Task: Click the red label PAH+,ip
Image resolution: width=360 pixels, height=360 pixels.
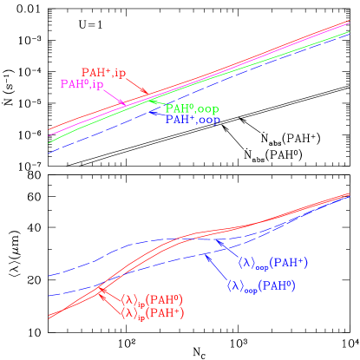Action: pos(104,72)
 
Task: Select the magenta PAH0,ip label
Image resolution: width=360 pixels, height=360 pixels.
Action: pos(82,84)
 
